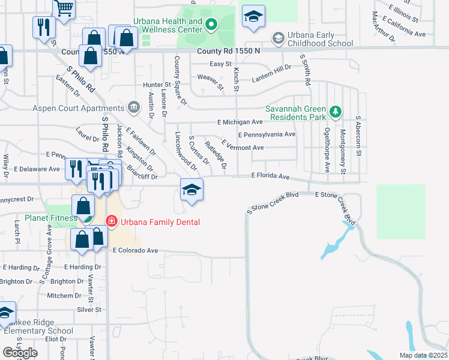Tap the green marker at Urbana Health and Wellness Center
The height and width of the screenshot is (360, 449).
point(211,25)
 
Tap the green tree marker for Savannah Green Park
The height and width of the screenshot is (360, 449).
point(336,112)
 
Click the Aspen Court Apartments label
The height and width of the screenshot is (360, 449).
point(85,109)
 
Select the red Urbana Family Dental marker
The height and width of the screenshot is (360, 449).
point(111,221)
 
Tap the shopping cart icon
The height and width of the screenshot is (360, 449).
point(65,8)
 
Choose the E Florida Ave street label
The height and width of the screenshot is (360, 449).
point(270,177)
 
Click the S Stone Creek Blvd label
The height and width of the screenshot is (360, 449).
point(273,194)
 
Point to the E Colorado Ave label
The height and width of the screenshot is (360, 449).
point(135,251)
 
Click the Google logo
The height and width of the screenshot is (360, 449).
point(20,353)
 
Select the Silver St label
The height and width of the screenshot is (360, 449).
point(89,310)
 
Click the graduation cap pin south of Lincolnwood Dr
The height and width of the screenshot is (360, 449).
point(191,190)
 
